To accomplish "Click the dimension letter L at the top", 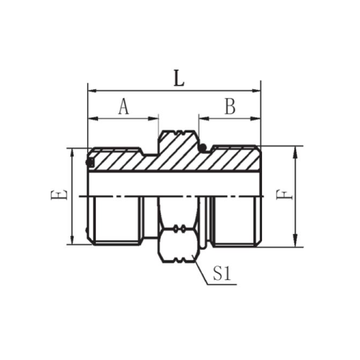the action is point(179,78).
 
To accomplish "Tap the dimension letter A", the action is point(124,107).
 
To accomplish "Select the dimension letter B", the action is point(230,107).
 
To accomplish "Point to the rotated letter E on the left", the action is point(58,195).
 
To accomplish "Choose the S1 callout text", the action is point(222,274).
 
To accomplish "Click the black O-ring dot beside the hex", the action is point(203,147).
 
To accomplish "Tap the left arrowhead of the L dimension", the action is point(93,91).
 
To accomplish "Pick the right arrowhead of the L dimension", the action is point(256,91).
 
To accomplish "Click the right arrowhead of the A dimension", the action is point(154,118).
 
